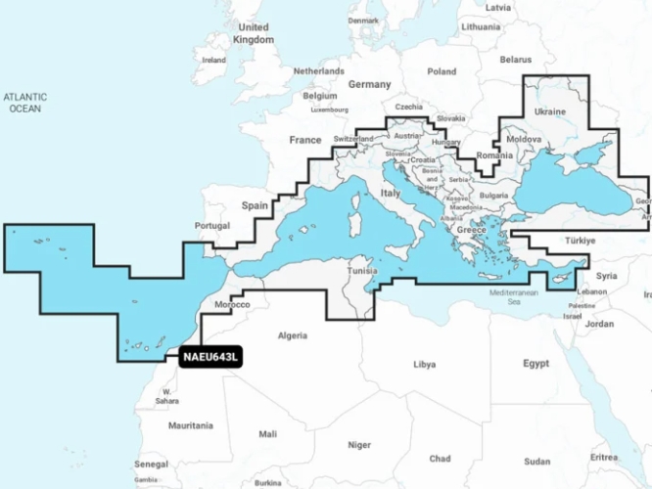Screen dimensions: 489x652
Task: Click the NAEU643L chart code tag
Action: tap(210, 357)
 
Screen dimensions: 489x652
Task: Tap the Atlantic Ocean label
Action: tap(25, 103)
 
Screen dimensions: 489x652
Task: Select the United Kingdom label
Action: tap(254, 34)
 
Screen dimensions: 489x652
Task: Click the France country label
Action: tap(305, 141)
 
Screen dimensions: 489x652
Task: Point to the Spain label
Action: tap(256, 206)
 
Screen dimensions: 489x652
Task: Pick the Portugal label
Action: tap(212, 226)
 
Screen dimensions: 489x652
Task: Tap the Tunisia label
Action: tap(363, 271)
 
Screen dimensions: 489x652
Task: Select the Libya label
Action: tap(424, 364)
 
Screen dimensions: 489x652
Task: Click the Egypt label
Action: tap(536, 363)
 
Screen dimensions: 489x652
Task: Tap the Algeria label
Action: tap(294, 335)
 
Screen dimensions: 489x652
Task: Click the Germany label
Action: tap(369, 85)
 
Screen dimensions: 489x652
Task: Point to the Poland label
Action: tap(442, 71)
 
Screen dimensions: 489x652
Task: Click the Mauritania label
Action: tap(190, 425)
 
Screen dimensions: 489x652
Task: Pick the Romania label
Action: tap(494, 156)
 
